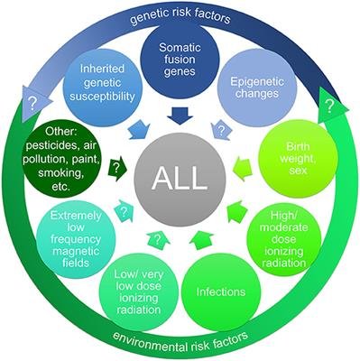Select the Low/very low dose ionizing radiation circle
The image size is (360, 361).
137,292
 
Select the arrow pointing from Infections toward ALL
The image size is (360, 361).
203,242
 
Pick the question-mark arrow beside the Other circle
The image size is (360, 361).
115,168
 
